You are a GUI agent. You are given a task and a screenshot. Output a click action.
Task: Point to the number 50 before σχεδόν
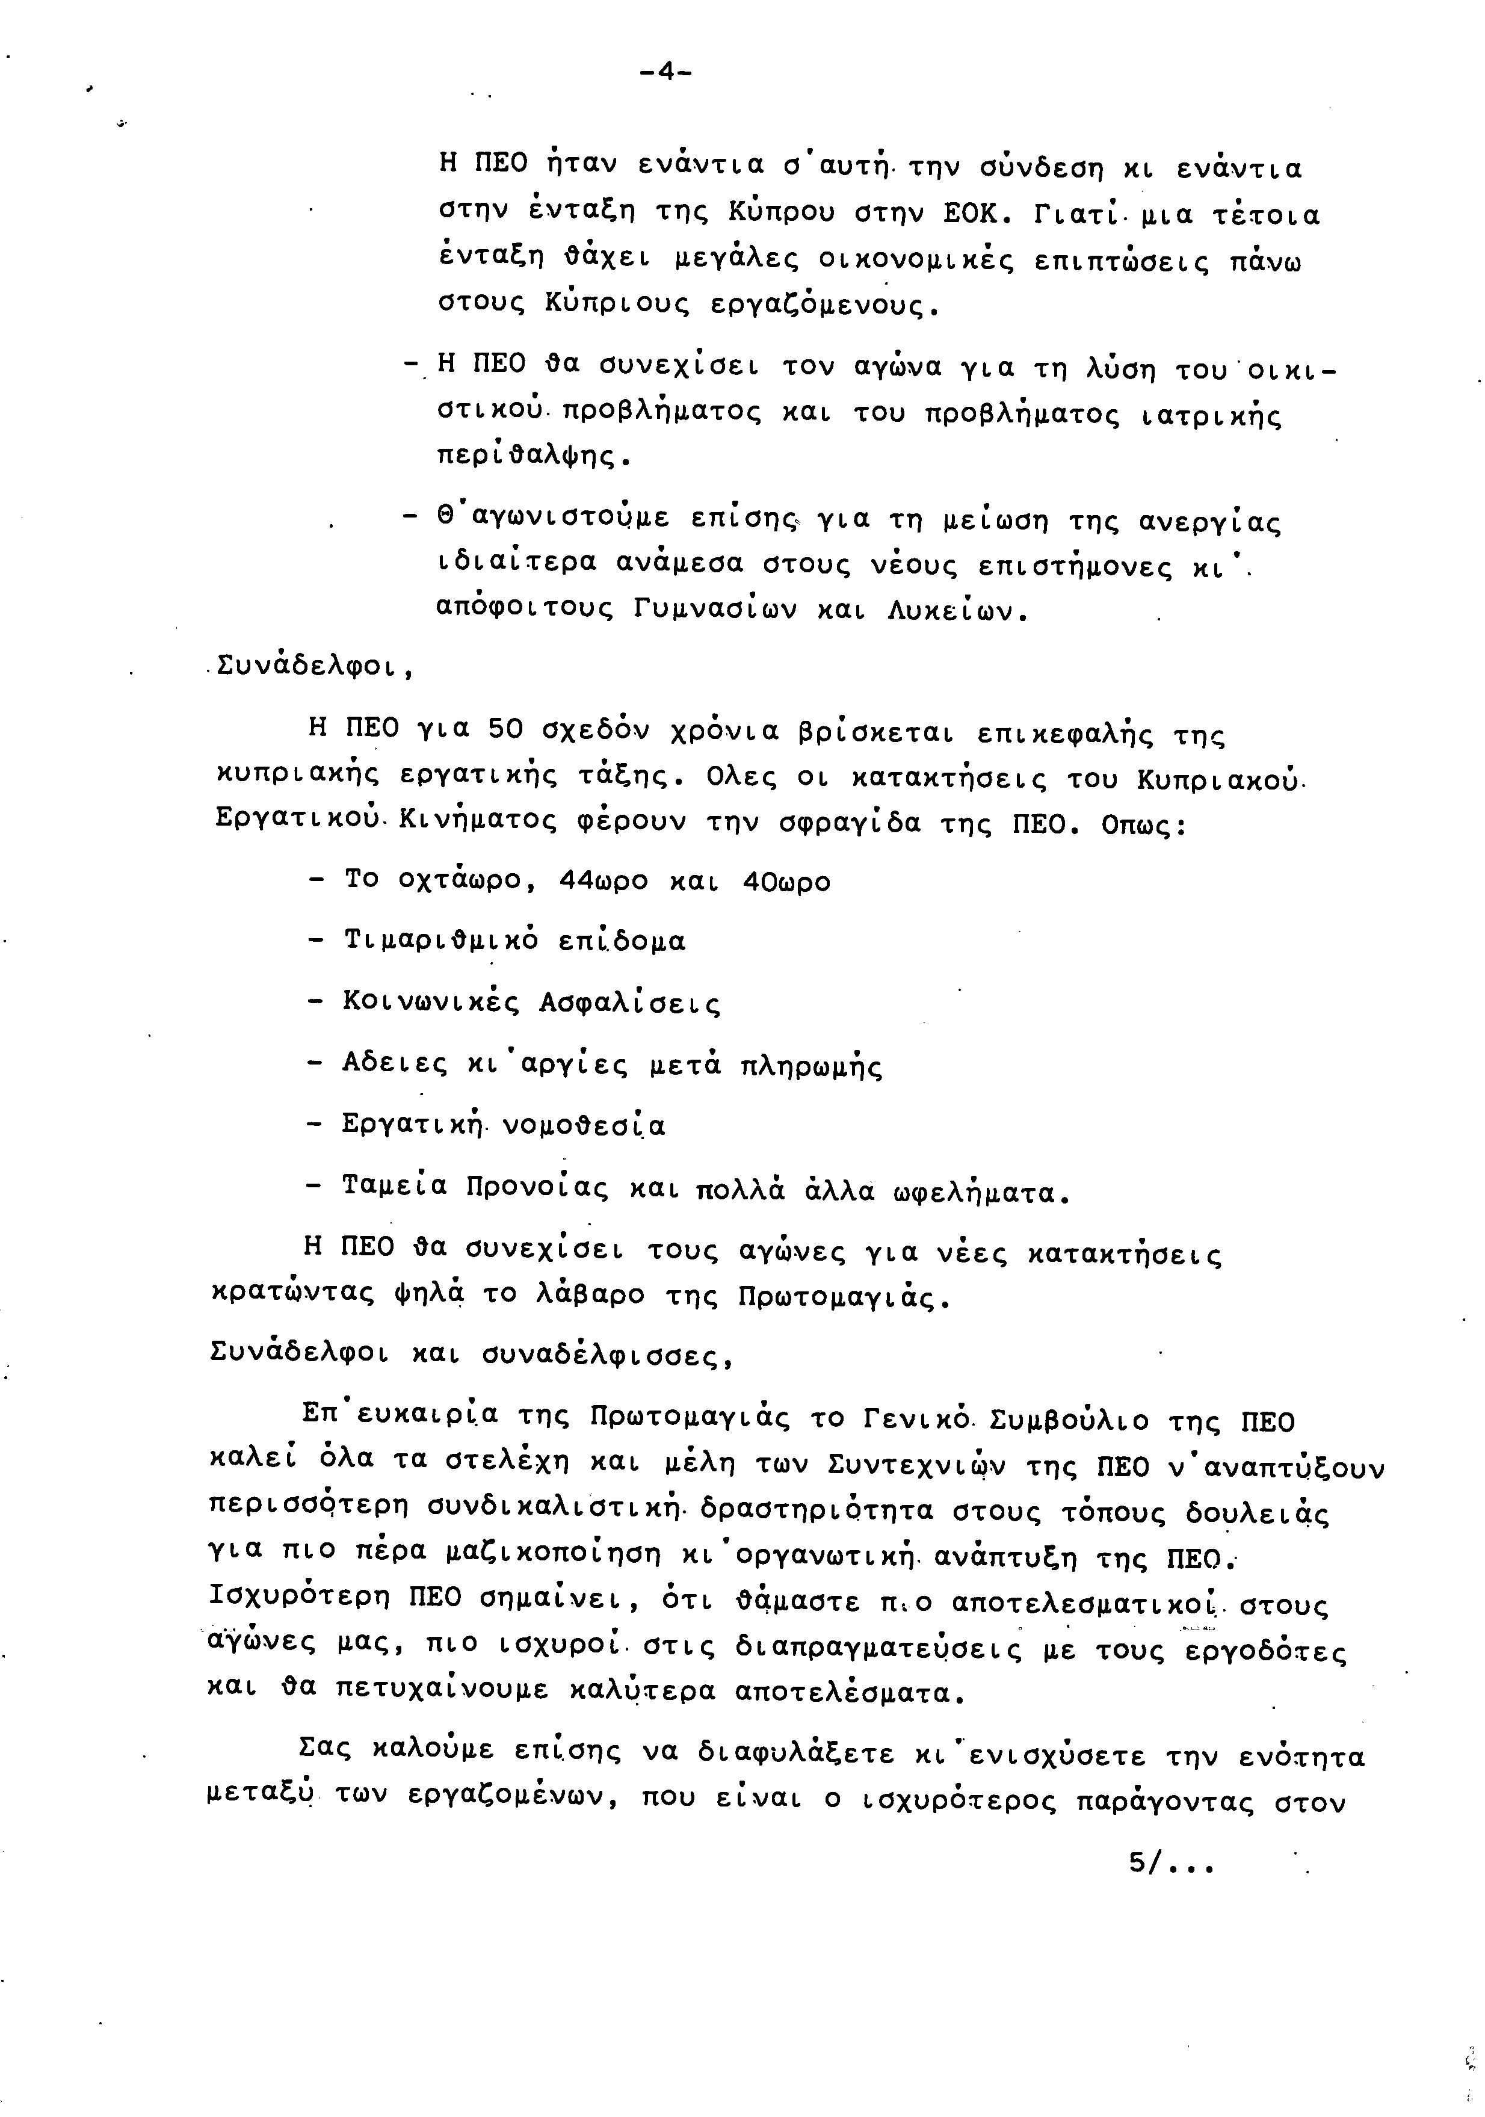point(505,731)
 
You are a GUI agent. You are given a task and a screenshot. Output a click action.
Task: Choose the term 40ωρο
point(785,882)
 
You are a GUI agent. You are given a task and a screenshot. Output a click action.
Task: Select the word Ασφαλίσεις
point(629,1003)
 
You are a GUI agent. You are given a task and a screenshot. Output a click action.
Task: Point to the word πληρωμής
point(811,1067)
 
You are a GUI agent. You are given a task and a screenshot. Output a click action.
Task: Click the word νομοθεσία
point(584,1126)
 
